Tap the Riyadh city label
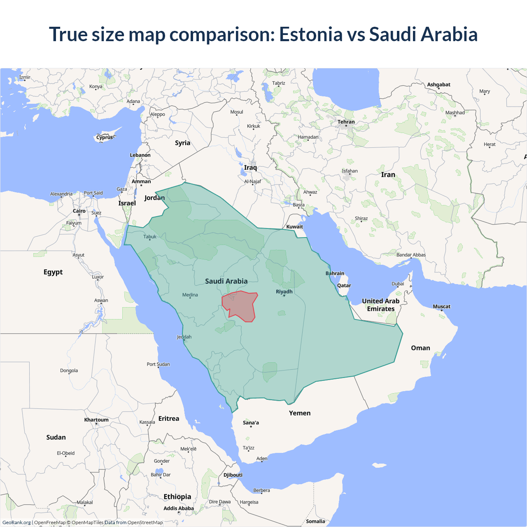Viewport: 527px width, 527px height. point(284,291)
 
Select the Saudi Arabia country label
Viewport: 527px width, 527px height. point(226,281)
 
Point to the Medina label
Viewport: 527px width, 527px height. point(190,295)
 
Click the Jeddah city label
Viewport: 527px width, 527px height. point(184,337)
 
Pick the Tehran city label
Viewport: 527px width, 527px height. point(346,122)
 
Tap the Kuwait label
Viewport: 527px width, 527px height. point(294,226)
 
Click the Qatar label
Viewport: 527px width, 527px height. point(344,285)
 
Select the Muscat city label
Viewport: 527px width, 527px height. point(441,306)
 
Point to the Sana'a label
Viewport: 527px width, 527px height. point(251,422)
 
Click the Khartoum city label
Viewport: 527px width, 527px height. point(96,420)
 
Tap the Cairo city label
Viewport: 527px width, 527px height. point(79,211)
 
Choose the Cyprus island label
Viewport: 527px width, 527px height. point(105,138)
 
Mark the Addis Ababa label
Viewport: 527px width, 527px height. point(178,508)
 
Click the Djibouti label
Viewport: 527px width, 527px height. point(233,475)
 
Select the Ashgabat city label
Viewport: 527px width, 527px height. point(438,84)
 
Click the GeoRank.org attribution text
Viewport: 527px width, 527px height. point(16,522)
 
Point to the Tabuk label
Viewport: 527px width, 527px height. point(150,237)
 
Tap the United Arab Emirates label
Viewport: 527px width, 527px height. point(381,305)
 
